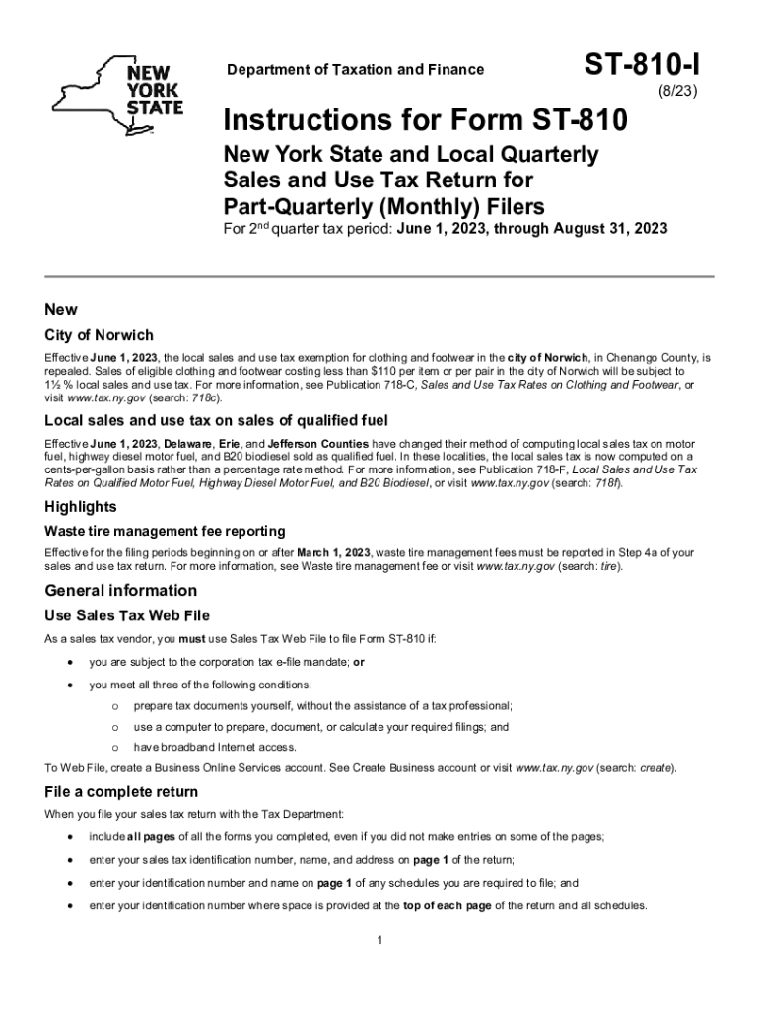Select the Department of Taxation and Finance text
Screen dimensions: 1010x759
(356, 69)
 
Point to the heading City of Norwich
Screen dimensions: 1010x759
(100, 335)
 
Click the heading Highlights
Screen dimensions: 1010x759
(81, 507)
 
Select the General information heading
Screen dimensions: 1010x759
(121, 591)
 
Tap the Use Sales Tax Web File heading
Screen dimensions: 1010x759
(127, 615)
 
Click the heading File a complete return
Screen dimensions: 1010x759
(121, 792)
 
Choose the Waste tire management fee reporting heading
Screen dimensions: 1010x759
(166, 531)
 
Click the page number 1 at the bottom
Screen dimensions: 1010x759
(379, 940)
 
